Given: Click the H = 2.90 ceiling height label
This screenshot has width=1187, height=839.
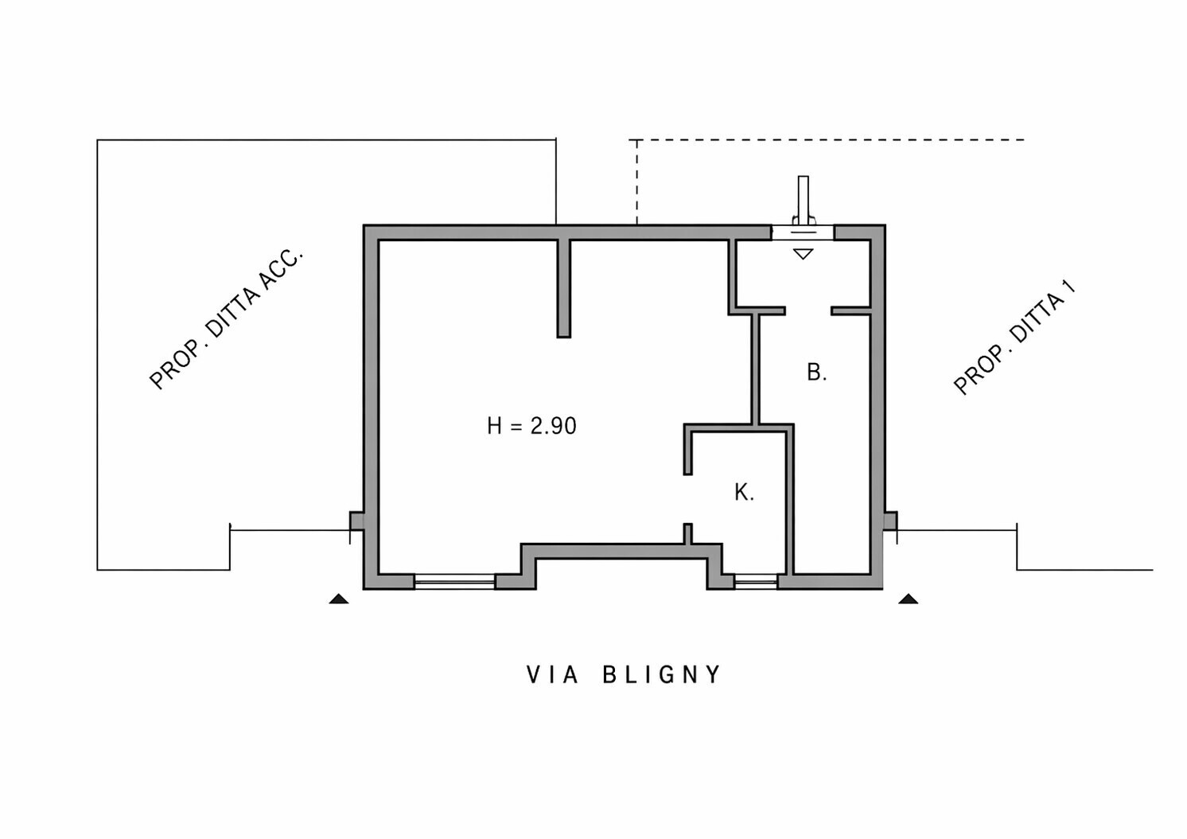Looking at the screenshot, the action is coord(531,426).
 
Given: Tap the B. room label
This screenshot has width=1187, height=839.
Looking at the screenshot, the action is coord(816,373).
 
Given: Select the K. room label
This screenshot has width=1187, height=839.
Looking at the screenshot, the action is coord(744,493).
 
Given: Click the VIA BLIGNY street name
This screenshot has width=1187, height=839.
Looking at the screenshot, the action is coord(624,674).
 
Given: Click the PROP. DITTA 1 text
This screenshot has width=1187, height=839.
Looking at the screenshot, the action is coord(1014,338).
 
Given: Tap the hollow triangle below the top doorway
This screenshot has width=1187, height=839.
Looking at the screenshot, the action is coord(804,254).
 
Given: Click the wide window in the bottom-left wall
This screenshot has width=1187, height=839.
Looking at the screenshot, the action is coord(454,582).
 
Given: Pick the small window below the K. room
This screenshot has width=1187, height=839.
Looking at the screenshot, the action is coord(756,582).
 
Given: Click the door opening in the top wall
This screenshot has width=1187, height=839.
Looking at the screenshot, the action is coord(803,232).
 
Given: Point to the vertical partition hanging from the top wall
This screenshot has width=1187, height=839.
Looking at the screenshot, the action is coord(564,288).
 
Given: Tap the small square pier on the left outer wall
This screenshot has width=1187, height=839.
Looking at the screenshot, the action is coord(356,521).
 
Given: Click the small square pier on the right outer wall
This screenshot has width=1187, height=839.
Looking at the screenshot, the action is coord(890,521).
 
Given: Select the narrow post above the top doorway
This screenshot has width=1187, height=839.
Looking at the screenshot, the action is coord(804,200).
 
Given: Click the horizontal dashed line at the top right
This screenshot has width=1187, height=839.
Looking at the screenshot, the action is coord(831,140).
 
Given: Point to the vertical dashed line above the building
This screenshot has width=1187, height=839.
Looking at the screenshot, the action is coord(636,182).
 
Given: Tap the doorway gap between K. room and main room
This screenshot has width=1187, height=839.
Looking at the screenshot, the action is coord(687,499).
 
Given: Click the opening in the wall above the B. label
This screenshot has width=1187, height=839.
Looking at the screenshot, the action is coord(808,310).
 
